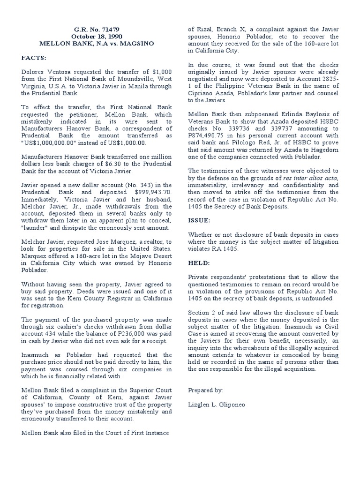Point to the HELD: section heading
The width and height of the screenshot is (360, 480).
(199, 263)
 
